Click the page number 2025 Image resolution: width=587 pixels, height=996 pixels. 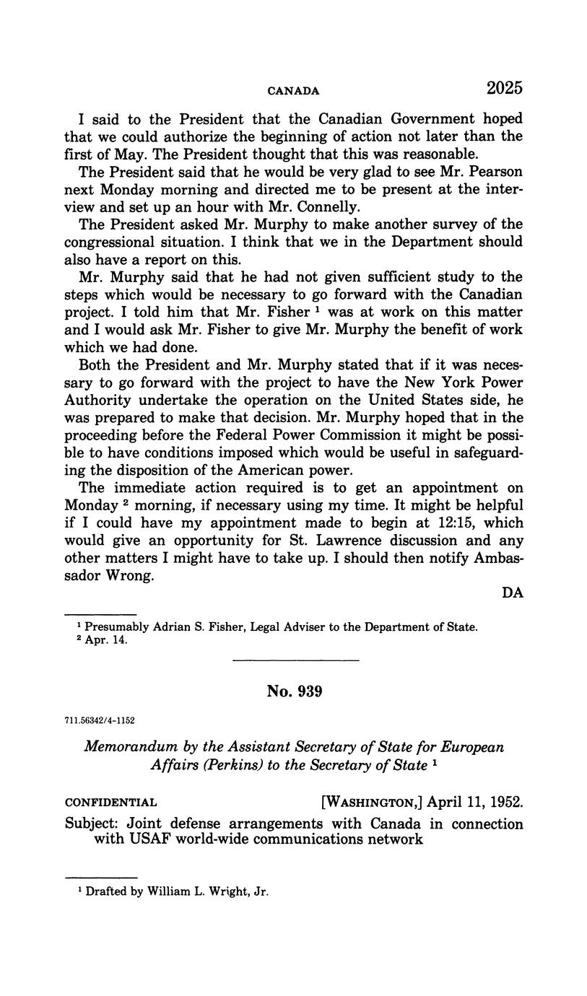[x=503, y=89]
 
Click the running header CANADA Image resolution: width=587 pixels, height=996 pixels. [x=293, y=91]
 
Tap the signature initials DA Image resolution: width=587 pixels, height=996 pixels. [x=512, y=593]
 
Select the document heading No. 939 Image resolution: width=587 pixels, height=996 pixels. [x=293, y=691]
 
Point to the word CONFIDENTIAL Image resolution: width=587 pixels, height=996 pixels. [x=110, y=802]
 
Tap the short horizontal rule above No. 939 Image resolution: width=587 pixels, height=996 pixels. [x=296, y=661]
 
